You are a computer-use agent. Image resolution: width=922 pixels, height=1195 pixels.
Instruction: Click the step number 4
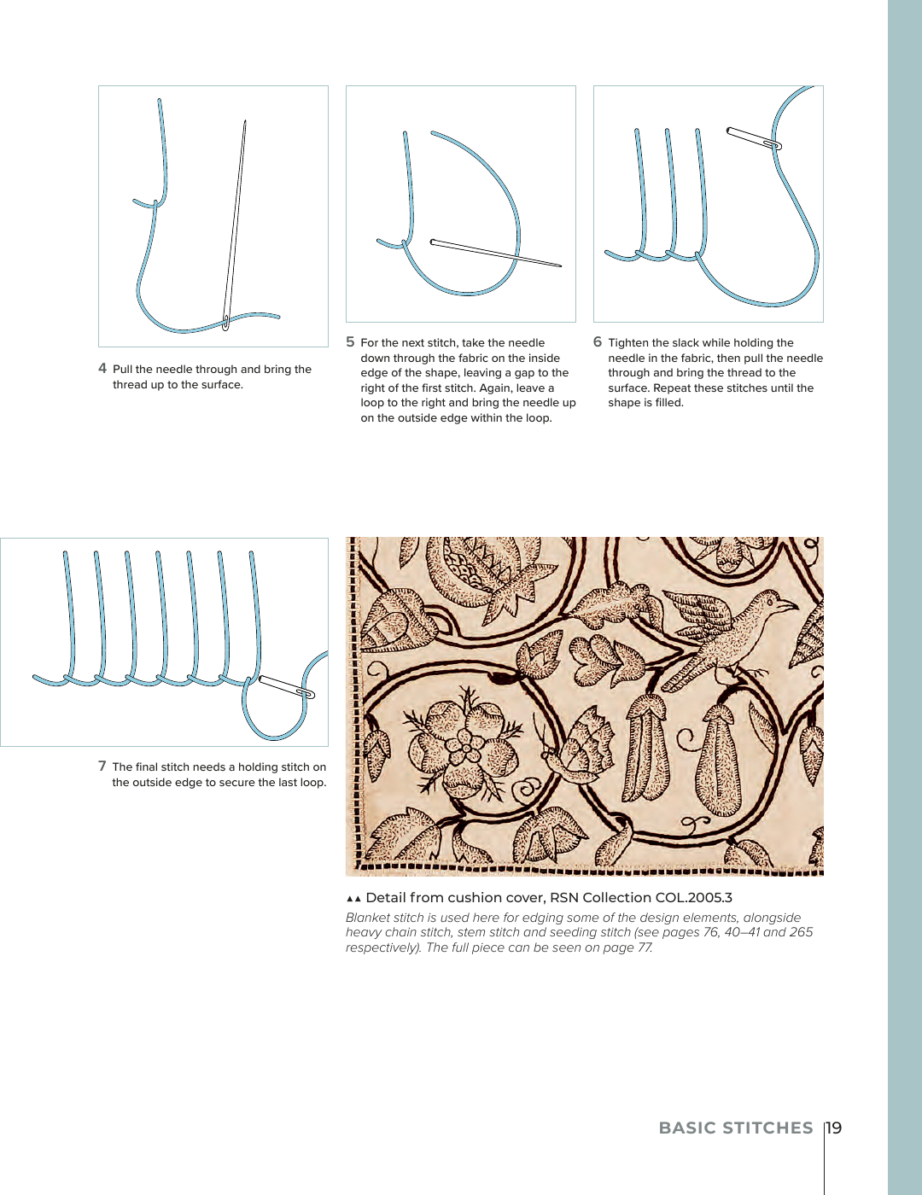102,369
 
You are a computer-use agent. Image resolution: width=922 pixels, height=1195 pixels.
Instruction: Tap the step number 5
350,342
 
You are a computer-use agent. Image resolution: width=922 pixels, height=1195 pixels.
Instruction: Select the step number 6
598,342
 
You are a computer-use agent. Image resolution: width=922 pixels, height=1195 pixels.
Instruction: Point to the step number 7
102,767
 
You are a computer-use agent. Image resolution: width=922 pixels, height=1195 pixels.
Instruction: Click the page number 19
834,1128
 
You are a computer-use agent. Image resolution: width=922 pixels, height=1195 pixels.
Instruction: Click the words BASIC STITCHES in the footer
736,1128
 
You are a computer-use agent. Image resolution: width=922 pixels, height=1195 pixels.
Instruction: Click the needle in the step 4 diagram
235,222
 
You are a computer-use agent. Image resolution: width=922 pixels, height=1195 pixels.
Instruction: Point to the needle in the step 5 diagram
495,254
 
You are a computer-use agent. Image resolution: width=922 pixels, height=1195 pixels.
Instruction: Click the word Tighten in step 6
628,343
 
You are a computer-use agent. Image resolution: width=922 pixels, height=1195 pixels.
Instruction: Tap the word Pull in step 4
123,370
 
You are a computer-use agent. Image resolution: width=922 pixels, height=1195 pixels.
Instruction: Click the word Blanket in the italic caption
365,918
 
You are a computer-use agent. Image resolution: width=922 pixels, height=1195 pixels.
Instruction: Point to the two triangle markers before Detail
353,898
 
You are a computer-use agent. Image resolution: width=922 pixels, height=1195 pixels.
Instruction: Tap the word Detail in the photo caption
386,897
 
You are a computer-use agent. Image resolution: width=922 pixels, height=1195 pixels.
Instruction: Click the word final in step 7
151,767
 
